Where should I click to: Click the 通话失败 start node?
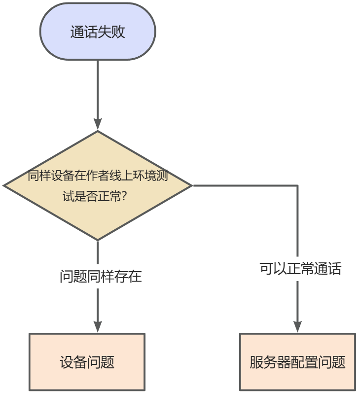98,32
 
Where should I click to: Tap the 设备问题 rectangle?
87,362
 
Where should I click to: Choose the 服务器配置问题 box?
297,362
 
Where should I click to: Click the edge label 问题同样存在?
101,276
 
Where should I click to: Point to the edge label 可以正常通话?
300,269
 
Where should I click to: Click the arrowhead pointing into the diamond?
98,124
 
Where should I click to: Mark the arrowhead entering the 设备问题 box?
98,326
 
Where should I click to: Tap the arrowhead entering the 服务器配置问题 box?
297,326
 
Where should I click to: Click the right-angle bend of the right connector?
297,186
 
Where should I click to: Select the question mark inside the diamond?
124,196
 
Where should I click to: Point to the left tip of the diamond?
5,186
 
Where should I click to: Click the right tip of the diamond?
191,186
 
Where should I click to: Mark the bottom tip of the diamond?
98,240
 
